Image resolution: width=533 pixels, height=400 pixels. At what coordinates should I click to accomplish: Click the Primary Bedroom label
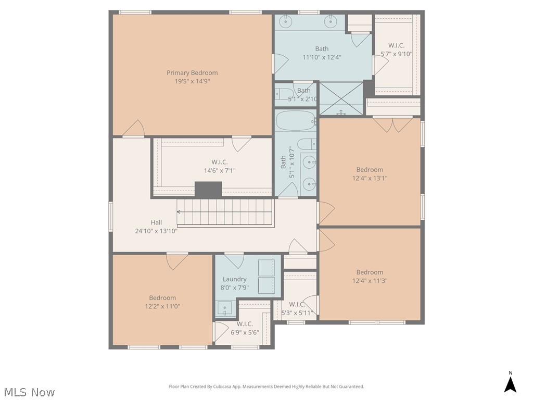coord(192,73)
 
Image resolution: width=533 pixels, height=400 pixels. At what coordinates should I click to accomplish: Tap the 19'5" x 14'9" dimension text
coord(192,81)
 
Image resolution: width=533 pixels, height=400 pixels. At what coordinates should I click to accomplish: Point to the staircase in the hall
coord(225,212)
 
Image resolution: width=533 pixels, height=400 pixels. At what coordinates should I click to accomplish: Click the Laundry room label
coord(234,279)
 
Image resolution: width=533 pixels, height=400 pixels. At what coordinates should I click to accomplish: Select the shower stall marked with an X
coord(341,98)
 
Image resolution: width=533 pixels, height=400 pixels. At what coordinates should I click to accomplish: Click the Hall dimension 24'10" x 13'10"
coord(156,231)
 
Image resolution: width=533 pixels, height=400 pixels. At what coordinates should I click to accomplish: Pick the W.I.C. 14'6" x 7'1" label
coord(219,166)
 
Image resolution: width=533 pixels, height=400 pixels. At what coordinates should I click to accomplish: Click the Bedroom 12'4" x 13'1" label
coord(370,173)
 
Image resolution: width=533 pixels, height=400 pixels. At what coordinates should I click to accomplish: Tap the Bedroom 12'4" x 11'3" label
coord(370,276)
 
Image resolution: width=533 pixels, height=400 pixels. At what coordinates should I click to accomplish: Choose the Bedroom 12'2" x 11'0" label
coord(162,302)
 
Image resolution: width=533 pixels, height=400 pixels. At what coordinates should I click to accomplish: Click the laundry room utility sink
coord(224,309)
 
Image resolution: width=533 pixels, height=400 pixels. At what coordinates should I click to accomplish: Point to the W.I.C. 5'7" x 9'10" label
coord(396,49)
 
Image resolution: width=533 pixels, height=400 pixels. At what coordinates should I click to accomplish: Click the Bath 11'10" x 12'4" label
coord(322,53)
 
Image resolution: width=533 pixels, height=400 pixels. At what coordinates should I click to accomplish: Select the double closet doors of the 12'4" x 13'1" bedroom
coord(393,125)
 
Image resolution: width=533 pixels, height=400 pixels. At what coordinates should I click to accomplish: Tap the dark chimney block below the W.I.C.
coord(208,189)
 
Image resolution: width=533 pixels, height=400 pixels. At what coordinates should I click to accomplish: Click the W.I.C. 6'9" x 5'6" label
coord(244,328)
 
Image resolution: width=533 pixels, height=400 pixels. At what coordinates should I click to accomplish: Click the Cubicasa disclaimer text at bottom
coord(266,386)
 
